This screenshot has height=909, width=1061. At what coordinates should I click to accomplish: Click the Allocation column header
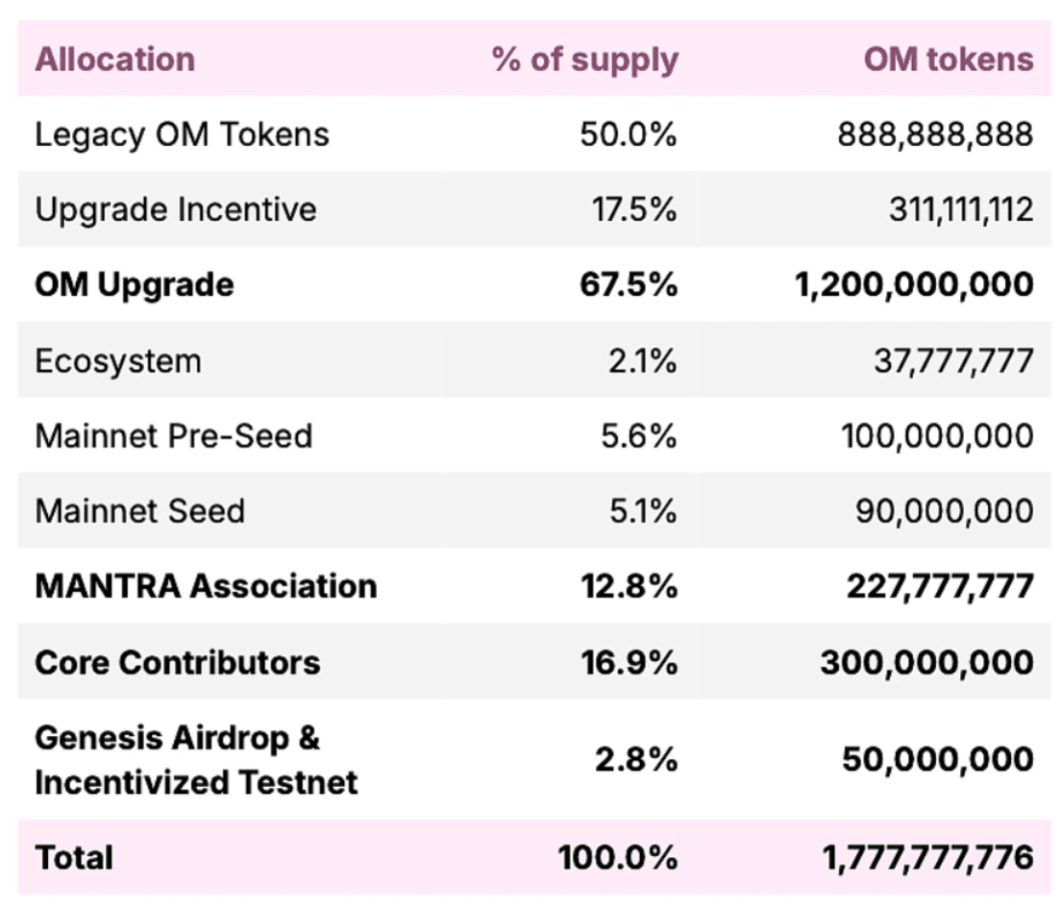pos(114,60)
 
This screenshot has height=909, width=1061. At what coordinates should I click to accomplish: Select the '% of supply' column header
pos(585,60)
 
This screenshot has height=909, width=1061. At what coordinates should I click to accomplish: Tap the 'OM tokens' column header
pos(948,60)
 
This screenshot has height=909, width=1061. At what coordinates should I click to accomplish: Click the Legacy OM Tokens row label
pos(182,135)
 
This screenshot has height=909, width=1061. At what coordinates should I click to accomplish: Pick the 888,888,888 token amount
pos(935,135)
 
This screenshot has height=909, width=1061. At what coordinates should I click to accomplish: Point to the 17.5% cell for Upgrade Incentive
pos(634,209)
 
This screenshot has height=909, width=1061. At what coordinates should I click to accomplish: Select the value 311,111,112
pos(960,209)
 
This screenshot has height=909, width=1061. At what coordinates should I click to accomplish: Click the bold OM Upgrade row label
pos(134,284)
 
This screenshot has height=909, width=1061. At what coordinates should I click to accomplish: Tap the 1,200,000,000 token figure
pos(915,284)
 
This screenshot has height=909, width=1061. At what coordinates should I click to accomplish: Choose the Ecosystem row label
pos(118,361)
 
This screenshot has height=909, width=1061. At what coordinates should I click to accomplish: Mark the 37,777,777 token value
pos(953,361)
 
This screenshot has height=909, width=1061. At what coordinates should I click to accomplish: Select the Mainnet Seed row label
pos(139,510)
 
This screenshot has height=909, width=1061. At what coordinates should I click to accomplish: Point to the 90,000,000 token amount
pos(945,510)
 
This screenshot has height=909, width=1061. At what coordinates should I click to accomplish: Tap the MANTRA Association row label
pos(206,585)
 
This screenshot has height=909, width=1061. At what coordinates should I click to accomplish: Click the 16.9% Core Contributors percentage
pos(629,662)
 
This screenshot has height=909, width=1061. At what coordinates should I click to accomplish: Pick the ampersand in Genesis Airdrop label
pos(308,739)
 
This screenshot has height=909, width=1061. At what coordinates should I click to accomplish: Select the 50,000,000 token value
pos(938,759)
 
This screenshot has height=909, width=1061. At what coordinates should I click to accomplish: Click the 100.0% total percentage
pos(617,857)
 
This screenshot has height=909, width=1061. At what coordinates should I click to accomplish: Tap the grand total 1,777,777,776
pos(927,857)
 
